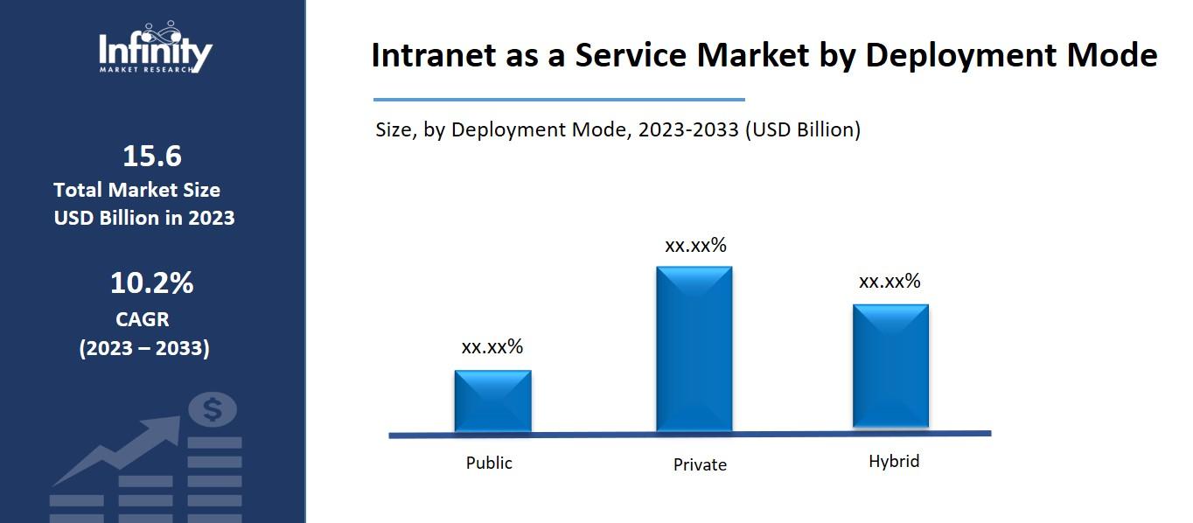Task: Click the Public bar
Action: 492,401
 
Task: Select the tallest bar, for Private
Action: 694,348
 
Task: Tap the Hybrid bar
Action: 890,366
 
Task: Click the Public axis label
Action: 489,463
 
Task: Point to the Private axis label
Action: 700,464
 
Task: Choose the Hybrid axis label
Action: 894,461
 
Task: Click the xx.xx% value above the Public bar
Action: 492,346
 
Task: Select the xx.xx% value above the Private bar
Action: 695,245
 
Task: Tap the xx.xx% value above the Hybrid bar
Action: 890,281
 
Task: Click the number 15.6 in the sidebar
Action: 151,157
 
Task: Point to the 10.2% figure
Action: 151,283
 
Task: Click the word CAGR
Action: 143,319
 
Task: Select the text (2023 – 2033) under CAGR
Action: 144,348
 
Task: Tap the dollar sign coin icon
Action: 213,409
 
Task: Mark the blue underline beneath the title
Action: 559,100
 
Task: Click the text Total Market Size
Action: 136,190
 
